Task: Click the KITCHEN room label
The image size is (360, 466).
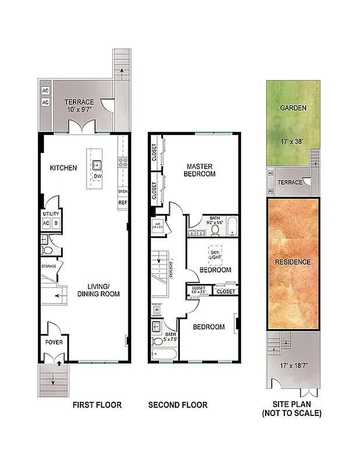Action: (x=63, y=168)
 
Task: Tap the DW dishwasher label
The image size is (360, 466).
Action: (x=98, y=175)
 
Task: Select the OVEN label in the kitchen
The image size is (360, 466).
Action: (x=123, y=191)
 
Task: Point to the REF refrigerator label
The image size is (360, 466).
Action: (x=123, y=203)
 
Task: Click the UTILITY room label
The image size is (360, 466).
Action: (x=51, y=214)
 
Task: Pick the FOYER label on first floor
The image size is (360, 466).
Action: (x=54, y=342)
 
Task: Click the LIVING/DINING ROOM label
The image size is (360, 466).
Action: (x=98, y=290)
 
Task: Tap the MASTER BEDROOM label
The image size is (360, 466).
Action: (x=199, y=170)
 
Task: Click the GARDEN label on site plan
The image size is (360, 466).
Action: (x=290, y=108)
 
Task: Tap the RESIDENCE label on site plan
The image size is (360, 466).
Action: (x=292, y=262)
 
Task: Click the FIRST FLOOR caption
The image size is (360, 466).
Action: (x=97, y=405)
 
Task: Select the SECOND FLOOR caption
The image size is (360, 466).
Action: (x=177, y=405)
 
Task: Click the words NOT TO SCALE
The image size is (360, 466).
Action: (x=292, y=414)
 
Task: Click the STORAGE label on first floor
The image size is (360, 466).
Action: (x=48, y=266)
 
